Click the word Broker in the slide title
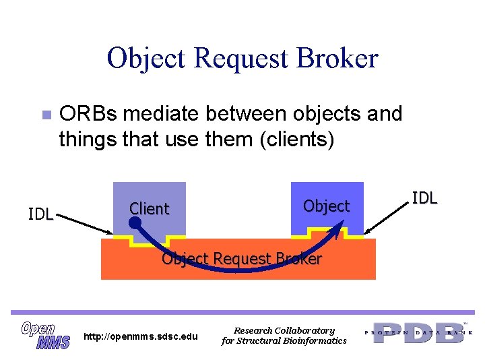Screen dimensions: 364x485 click(x=340, y=59)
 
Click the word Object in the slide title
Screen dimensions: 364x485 click(x=147, y=59)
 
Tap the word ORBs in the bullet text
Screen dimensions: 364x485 click(x=85, y=114)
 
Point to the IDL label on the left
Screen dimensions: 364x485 click(x=40, y=214)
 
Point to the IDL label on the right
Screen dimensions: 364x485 click(x=424, y=198)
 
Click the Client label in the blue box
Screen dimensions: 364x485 click(x=149, y=209)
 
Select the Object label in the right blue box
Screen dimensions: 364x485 click(x=326, y=206)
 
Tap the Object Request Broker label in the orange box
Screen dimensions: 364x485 click(x=241, y=259)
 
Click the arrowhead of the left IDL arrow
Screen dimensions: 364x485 click(x=110, y=234)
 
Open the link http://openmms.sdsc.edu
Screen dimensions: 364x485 click(x=141, y=336)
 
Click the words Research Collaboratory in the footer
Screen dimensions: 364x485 click(x=284, y=330)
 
